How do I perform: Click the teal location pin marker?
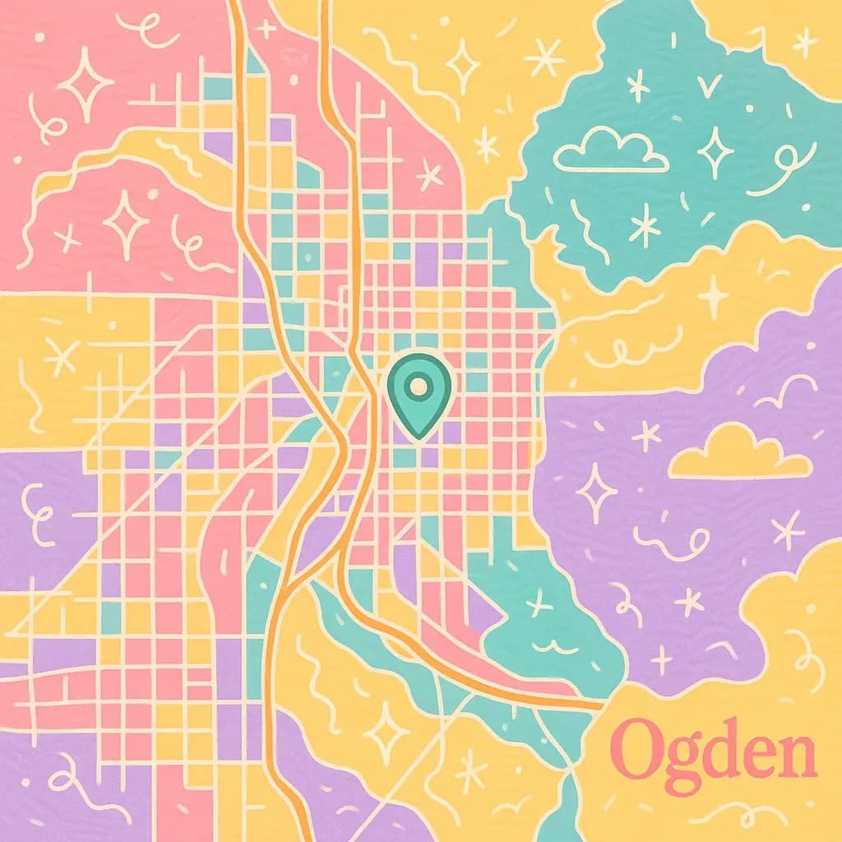pos(418,395)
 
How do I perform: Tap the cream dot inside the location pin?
pos(418,384)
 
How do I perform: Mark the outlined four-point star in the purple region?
pos(596,492)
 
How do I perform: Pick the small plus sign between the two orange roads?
pos(266,27)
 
